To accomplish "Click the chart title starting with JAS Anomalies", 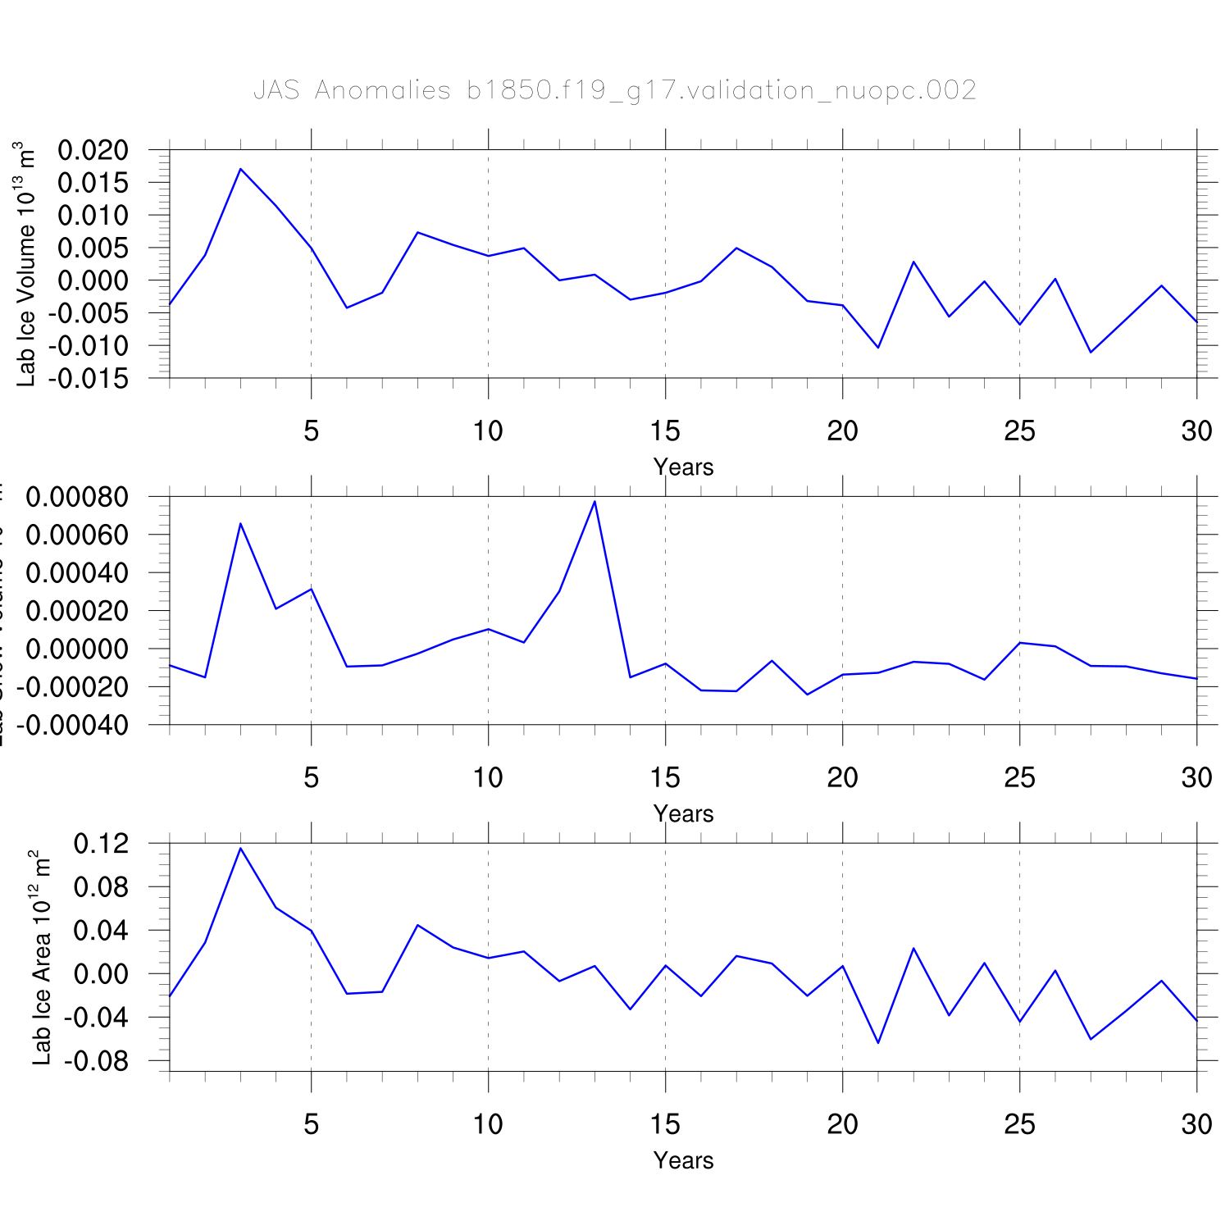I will [x=615, y=89].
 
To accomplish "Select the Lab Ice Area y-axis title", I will [x=41, y=958].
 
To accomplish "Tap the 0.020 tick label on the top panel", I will [x=93, y=150].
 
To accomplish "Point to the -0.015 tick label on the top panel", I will [x=88, y=379].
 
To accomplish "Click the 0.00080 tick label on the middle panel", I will [x=77, y=497].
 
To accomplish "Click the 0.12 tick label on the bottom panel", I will [x=102, y=844].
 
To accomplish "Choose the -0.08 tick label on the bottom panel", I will [x=97, y=1062].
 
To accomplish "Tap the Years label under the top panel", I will [x=683, y=467].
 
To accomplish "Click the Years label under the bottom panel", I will [x=683, y=1161].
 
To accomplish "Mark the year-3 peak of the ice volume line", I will [x=240, y=169].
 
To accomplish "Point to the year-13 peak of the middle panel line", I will [x=594, y=501].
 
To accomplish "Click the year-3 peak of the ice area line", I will [x=240, y=848].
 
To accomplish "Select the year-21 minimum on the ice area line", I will [x=878, y=1043].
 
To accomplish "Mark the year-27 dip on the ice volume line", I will [x=1091, y=353].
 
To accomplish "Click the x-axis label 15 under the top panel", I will [x=665, y=430].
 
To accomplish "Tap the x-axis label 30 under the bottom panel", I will [x=1196, y=1124].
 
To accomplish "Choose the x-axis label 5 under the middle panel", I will [x=311, y=777].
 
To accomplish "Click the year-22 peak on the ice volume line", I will [x=913, y=262].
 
